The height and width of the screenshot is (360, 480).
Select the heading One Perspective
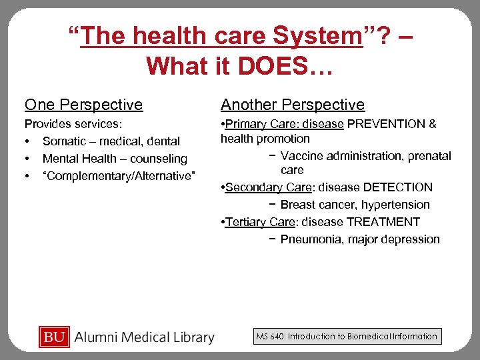(83, 105)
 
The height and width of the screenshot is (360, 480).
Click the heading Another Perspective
(293, 105)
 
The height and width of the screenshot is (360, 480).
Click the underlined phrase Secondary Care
(263, 187)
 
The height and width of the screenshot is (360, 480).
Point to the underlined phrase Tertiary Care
(256, 222)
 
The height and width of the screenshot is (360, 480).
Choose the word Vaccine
(301, 156)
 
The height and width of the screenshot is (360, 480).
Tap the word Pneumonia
(309, 239)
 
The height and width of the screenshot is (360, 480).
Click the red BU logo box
(53, 337)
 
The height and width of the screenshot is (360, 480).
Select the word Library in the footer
(189, 338)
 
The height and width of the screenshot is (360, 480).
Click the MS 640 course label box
(347, 337)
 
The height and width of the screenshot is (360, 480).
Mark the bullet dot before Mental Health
(27, 159)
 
